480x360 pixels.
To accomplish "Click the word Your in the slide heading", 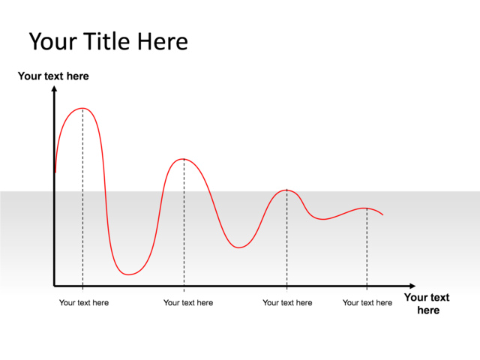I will coord(53,41).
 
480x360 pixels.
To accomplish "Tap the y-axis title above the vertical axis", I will coord(53,76).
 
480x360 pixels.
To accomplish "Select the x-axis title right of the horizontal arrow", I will coord(427,304).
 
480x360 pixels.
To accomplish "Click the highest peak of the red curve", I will coord(82,109).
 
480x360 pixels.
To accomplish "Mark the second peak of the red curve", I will coord(184,159).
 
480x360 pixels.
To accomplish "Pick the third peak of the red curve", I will coord(286,190).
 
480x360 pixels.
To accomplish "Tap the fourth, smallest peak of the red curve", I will coord(366,208).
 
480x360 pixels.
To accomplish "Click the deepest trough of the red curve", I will coord(129,274).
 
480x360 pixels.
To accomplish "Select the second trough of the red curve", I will coord(238,247).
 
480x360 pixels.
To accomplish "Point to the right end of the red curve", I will coord(383,215).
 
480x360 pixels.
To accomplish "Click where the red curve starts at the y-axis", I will coord(55,172).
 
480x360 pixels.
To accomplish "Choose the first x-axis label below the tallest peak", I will coord(84,303).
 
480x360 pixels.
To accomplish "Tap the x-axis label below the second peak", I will coord(188,303).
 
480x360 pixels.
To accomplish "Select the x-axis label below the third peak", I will coord(287,303).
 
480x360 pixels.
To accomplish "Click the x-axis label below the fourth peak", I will coord(367,303).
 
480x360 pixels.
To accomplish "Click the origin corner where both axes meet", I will coord(55,286).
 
